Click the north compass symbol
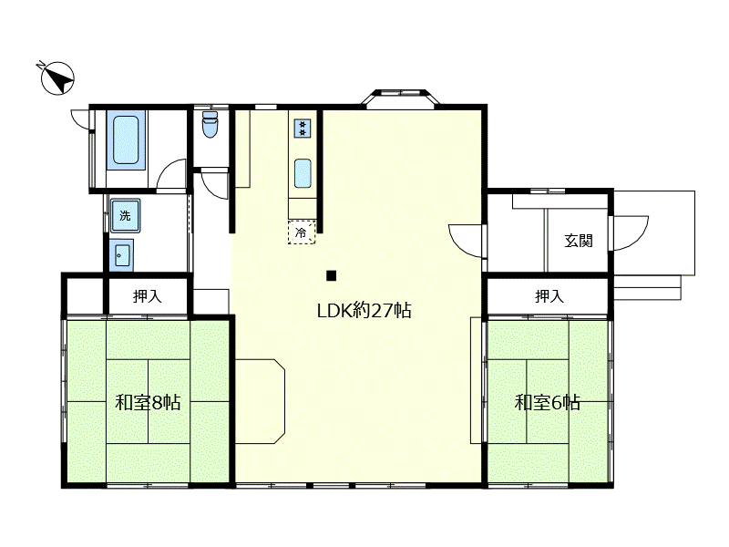point(56,77)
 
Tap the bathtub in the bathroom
point(126,140)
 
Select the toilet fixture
point(210,124)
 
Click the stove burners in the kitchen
point(303,128)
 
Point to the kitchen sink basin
point(303,173)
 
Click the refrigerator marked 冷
point(302,232)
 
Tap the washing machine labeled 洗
point(125,215)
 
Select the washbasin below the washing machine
point(122,255)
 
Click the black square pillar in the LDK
point(331,276)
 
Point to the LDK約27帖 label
point(364,310)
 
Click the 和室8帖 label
point(148,402)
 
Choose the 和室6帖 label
point(548,402)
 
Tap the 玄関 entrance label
point(579,241)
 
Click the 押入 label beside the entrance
point(549,295)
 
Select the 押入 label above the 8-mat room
point(147,295)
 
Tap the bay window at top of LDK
point(400,98)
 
